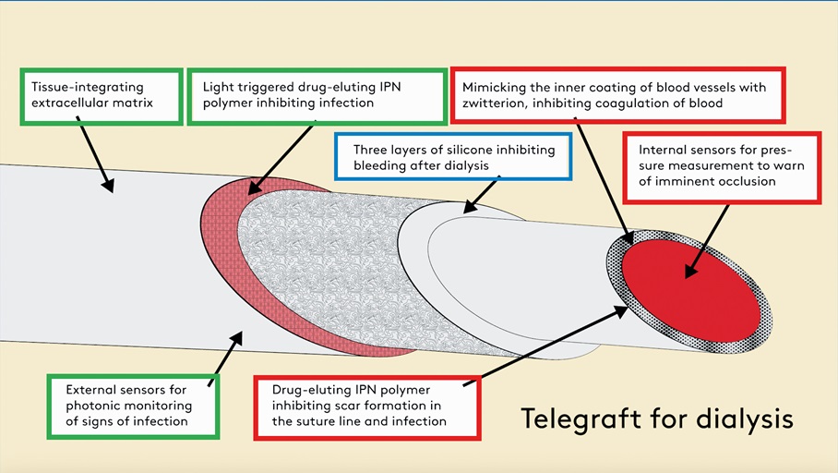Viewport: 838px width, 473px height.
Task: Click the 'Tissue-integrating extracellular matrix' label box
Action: (101, 95)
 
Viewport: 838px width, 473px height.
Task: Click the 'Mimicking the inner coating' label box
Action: (617, 95)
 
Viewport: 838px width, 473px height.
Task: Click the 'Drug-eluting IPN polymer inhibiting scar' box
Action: (366, 406)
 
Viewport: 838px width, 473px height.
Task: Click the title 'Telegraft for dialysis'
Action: (657, 418)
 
